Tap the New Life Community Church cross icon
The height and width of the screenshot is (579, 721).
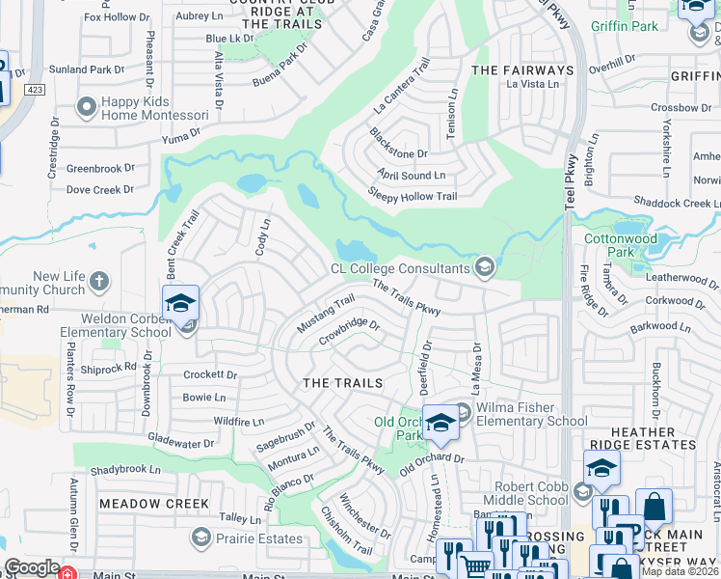pos(99,281)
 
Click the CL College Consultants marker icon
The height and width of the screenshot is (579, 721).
pos(484,267)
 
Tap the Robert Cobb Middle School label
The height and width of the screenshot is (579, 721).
pos(531,493)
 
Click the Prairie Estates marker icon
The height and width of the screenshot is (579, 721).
pos(201,536)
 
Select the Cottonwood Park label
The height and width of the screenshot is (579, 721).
pos(621,245)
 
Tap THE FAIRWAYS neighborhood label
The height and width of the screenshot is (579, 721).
pos(521,70)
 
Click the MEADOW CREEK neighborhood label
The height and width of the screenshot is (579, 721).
pos(153,504)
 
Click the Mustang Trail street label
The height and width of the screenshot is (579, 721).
pos(327,315)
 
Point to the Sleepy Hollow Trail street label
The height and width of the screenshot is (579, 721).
pos(413,196)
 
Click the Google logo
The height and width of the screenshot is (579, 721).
pos(32,567)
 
